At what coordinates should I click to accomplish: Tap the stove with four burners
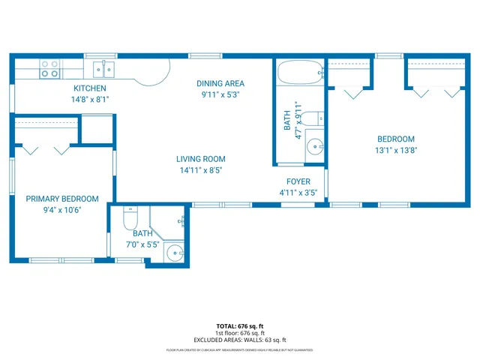[x=50, y=69]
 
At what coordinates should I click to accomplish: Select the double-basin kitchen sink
[x=104, y=70]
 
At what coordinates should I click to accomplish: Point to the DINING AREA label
[x=220, y=83]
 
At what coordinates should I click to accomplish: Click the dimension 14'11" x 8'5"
[x=200, y=170]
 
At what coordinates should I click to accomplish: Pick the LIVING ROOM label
[x=200, y=159]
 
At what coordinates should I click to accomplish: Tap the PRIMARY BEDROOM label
[x=62, y=199]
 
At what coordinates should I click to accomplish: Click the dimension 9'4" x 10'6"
[x=62, y=210]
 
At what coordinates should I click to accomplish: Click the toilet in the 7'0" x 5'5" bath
[x=128, y=218]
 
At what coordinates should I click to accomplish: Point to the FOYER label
[x=298, y=182]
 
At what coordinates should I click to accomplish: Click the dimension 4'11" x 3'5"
[x=298, y=193]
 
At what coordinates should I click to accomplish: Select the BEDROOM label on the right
[x=395, y=139]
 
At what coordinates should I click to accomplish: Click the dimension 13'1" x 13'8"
[x=395, y=150]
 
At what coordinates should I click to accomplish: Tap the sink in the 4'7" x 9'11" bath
[x=314, y=147]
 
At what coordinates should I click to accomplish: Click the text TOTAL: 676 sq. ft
[x=240, y=326]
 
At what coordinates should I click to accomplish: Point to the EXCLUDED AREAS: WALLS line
[x=240, y=340]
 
